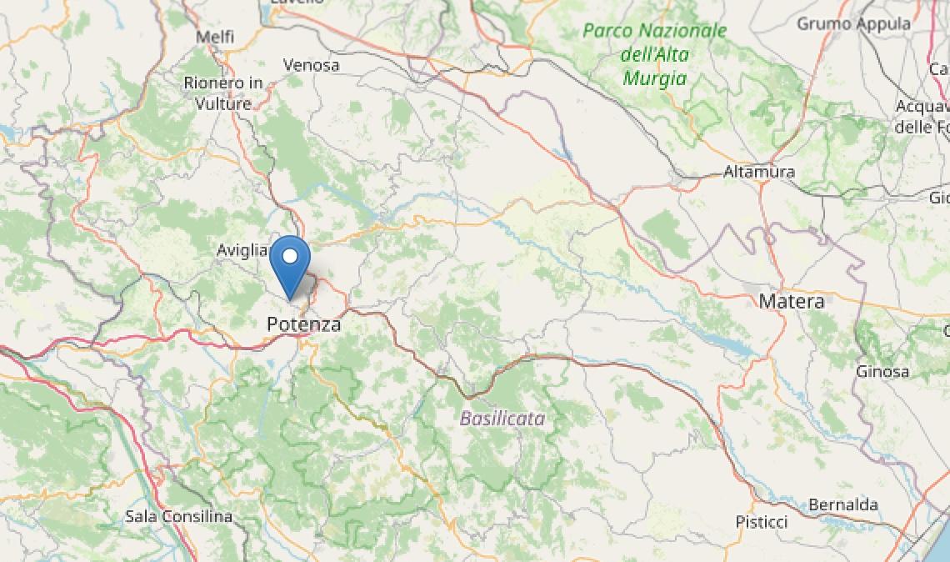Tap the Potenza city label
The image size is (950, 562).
304,324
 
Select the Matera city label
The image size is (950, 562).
791,301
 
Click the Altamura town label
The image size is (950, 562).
758,172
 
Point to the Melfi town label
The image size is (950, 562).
214,38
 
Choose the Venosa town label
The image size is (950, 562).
311,64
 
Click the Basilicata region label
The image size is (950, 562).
502,418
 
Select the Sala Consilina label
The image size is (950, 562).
178,516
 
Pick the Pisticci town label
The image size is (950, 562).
761,522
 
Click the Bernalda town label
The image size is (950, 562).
842,504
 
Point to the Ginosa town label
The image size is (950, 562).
883,371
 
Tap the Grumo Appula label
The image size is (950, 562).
853,23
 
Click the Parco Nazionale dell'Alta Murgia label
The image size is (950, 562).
654,54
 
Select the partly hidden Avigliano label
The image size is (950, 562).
242,249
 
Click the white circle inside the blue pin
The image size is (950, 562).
290,256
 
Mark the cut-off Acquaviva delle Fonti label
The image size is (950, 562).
923,117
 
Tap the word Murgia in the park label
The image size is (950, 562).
654,78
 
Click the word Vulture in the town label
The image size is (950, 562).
223,103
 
